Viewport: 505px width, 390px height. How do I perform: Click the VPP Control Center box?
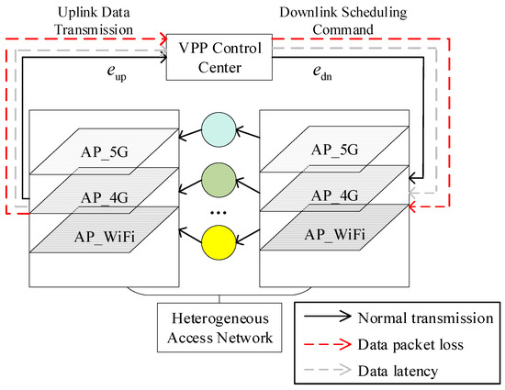219,57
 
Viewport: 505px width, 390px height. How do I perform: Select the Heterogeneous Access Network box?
219,328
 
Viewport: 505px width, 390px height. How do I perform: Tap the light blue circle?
219,129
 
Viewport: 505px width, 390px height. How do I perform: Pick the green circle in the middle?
219,180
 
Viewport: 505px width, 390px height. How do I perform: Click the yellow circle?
219,242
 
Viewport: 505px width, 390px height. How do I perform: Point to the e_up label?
117,73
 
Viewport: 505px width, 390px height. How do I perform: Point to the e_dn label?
322,72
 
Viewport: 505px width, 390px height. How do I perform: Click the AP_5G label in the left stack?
105,152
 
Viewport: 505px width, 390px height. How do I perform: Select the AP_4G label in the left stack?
105,197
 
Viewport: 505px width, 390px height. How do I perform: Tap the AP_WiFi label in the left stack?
105,237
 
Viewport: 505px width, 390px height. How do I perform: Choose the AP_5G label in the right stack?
335,150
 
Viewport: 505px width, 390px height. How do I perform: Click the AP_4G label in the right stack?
335,195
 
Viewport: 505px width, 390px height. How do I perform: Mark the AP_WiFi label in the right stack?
335,235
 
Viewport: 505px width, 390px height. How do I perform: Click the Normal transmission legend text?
425,318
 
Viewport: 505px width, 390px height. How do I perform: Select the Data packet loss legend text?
410,345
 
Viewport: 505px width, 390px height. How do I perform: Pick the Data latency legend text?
398,371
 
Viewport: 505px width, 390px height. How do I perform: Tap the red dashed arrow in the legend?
328,345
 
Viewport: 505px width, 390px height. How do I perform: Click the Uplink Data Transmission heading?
94,21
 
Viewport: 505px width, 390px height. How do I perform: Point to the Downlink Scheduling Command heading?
343,21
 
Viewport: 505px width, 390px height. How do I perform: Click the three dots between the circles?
219,212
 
